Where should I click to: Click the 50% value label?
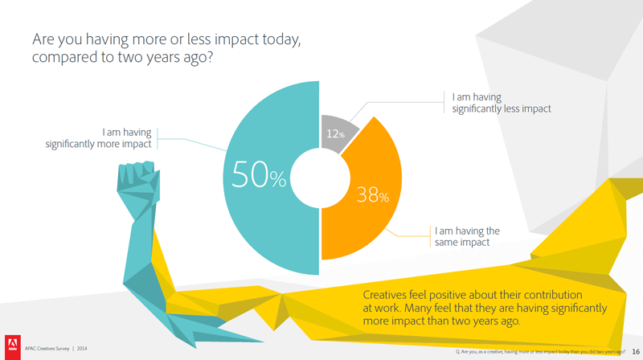(x=258, y=176)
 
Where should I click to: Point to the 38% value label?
(x=372, y=195)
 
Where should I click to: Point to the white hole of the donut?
(x=321, y=179)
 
